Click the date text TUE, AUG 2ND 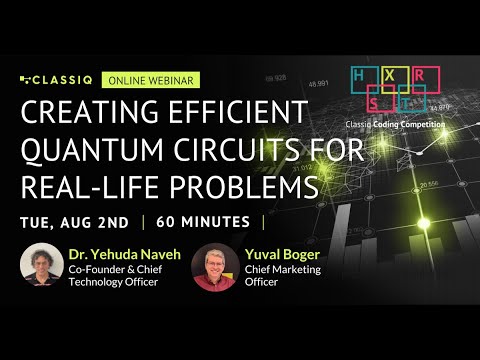point(77,221)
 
